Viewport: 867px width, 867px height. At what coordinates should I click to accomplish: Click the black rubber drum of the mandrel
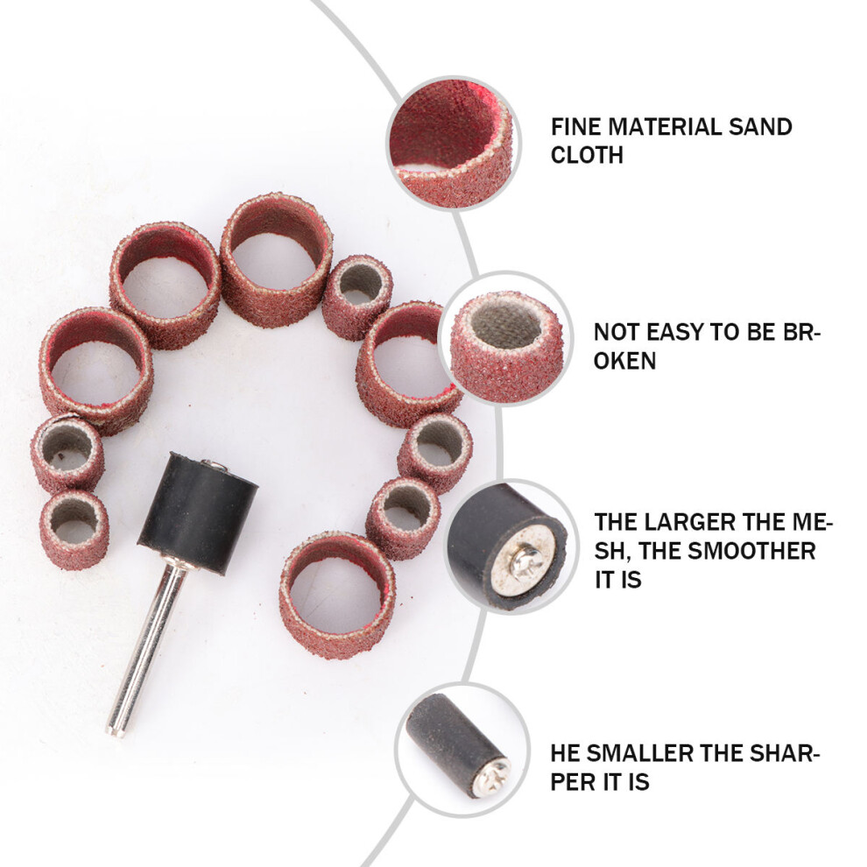coord(197,513)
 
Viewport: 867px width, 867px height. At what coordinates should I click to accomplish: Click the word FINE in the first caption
coord(575,127)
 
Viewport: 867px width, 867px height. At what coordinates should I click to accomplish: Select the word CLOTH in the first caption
coord(587,155)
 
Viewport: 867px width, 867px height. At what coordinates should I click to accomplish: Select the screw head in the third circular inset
coord(521,563)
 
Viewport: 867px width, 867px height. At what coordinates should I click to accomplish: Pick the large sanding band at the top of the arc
coord(277,260)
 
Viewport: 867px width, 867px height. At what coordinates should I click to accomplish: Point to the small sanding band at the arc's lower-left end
coord(74,530)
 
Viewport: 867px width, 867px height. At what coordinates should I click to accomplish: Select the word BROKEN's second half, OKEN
coord(624,361)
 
